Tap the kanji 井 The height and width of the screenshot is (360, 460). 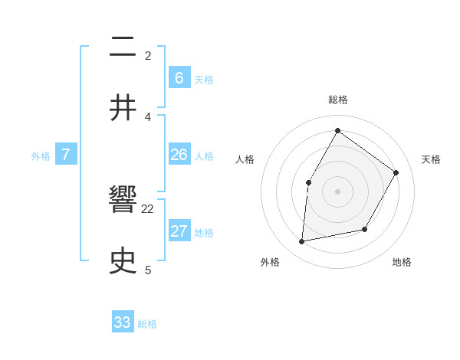click(x=123, y=107)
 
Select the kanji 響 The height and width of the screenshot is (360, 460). click(x=123, y=201)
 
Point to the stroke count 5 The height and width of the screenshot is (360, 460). click(x=148, y=269)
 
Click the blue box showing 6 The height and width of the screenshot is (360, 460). click(x=179, y=77)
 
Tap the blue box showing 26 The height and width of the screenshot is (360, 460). click(x=179, y=155)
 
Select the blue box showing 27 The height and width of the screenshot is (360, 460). click(x=179, y=231)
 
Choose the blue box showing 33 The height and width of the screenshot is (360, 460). click(x=123, y=322)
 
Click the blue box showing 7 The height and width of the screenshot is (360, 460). click(x=66, y=155)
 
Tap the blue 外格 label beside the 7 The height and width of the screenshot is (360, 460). click(x=41, y=155)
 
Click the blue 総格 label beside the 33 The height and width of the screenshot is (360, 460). click(x=147, y=324)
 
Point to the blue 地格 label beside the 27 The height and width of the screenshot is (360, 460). click(x=204, y=233)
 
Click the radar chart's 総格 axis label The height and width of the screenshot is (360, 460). click(x=337, y=100)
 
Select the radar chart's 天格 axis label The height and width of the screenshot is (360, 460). click(x=431, y=159)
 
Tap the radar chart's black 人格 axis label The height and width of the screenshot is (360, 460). click(x=245, y=159)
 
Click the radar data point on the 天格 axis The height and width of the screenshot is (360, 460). click(x=396, y=172)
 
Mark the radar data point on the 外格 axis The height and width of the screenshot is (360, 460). click(x=302, y=242)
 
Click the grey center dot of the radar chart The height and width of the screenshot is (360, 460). click(x=337, y=191)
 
